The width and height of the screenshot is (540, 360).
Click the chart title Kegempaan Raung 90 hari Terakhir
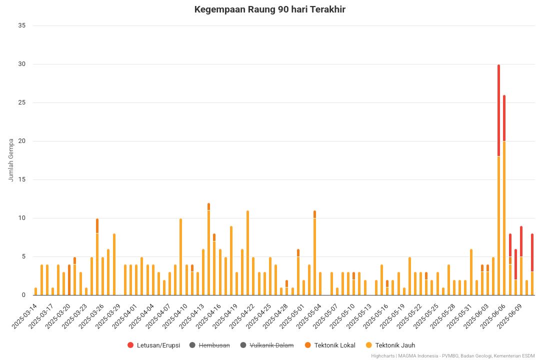(270, 9)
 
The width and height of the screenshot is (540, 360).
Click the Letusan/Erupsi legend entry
(158, 345)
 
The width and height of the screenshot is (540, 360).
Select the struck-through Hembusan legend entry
(214, 345)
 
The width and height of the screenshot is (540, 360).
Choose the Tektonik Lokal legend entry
(334, 345)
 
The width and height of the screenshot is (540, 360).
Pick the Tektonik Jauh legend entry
(395, 345)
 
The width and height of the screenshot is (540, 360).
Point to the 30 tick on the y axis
(21, 64)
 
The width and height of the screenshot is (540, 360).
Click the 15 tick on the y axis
(21, 179)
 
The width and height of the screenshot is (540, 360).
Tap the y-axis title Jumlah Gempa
(11, 160)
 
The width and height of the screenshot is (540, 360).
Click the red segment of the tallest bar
(498, 110)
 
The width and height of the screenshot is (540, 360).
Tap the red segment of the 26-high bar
(504, 118)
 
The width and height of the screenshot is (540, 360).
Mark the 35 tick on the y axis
(21, 25)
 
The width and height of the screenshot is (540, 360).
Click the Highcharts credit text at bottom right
(454, 356)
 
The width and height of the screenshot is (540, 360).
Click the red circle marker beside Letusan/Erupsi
(130, 345)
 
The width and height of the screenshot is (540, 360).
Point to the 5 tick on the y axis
(23, 256)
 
